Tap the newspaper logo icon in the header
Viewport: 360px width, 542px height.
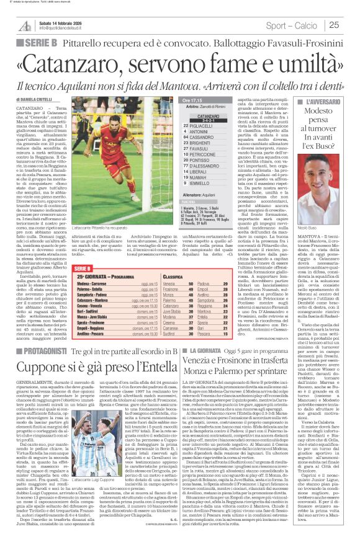25,25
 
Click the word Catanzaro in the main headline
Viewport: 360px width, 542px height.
92,63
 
